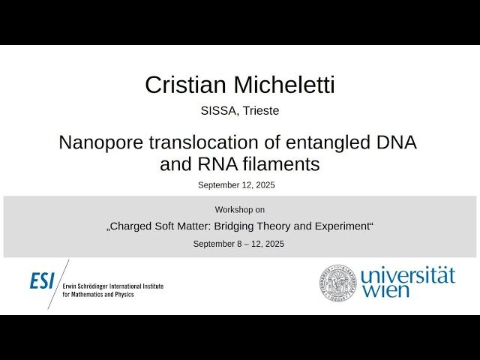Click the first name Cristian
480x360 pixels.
(181, 85)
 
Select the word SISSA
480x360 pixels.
(217, 110)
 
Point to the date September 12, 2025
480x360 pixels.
(239, 184)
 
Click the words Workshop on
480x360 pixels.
(239, 209)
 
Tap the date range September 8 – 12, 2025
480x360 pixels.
(239, 244)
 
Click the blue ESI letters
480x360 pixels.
(42, 281)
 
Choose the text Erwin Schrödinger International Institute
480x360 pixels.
(112, 286)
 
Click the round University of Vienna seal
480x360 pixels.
(338, 283)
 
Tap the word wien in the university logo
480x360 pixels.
(385, 291)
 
